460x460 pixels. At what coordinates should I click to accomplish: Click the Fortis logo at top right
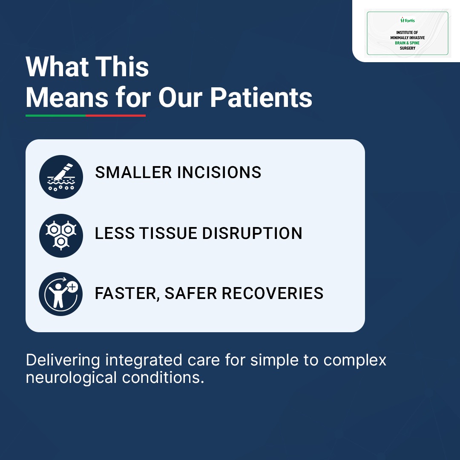pos(408,20)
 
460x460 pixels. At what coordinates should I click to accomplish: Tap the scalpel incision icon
pos(61,177)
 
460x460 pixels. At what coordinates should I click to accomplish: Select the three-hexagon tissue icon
pos(61,236)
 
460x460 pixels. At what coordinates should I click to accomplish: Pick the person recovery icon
pos(61,294)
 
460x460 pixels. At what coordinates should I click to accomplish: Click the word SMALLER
pos(133,172)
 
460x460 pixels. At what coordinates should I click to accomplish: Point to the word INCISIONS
pos(219,172)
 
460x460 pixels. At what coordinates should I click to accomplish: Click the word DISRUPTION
pos(252,233)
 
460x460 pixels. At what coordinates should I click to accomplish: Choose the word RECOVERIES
pos(273,293)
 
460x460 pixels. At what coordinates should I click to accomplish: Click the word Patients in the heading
pos(261,98)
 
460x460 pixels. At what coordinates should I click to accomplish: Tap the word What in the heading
pos(57,66)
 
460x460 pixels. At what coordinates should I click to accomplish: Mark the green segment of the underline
pos(56,115)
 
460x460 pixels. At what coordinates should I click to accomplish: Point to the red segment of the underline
pos(115,115)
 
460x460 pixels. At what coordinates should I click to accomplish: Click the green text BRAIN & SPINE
pos(407,43)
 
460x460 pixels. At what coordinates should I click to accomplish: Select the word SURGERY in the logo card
pos(408,48)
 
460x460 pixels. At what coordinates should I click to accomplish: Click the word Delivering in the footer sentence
pos(63,360)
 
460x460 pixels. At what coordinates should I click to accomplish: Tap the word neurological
pos(71,378)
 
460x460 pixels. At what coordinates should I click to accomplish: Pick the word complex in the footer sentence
pos(355,361)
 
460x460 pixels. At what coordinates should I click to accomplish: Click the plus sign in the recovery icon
pos(72,287)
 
